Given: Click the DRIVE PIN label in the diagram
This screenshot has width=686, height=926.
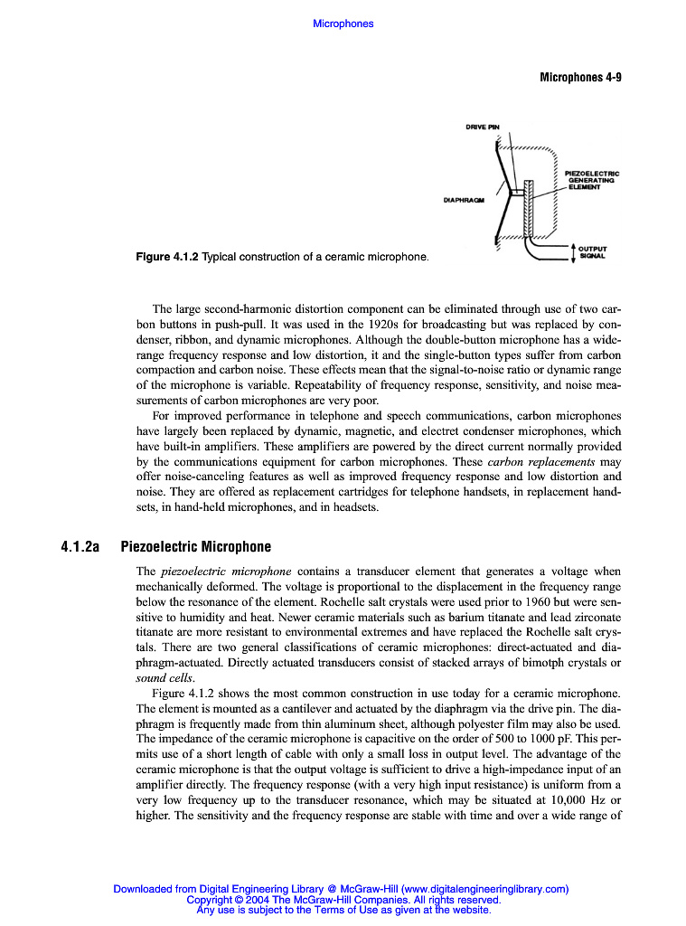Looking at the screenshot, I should (482, 127).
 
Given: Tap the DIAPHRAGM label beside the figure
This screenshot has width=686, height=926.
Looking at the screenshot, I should (463, 200).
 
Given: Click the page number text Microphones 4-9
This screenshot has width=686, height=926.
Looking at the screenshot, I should (580, 78).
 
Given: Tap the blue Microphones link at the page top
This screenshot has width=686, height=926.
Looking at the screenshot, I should (343, 24).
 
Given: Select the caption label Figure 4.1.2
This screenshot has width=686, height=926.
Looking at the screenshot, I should (167, 258).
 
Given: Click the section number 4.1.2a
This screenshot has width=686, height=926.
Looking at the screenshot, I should (79, 547).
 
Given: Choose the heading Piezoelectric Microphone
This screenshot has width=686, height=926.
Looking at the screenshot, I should (195, 547).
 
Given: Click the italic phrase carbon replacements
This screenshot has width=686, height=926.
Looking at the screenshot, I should (540, 462).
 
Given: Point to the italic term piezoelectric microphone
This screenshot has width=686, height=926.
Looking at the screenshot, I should (226, 572).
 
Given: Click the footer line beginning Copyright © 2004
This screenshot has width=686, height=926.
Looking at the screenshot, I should (343, 900).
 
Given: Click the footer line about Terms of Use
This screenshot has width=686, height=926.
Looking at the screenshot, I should (343, 911).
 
